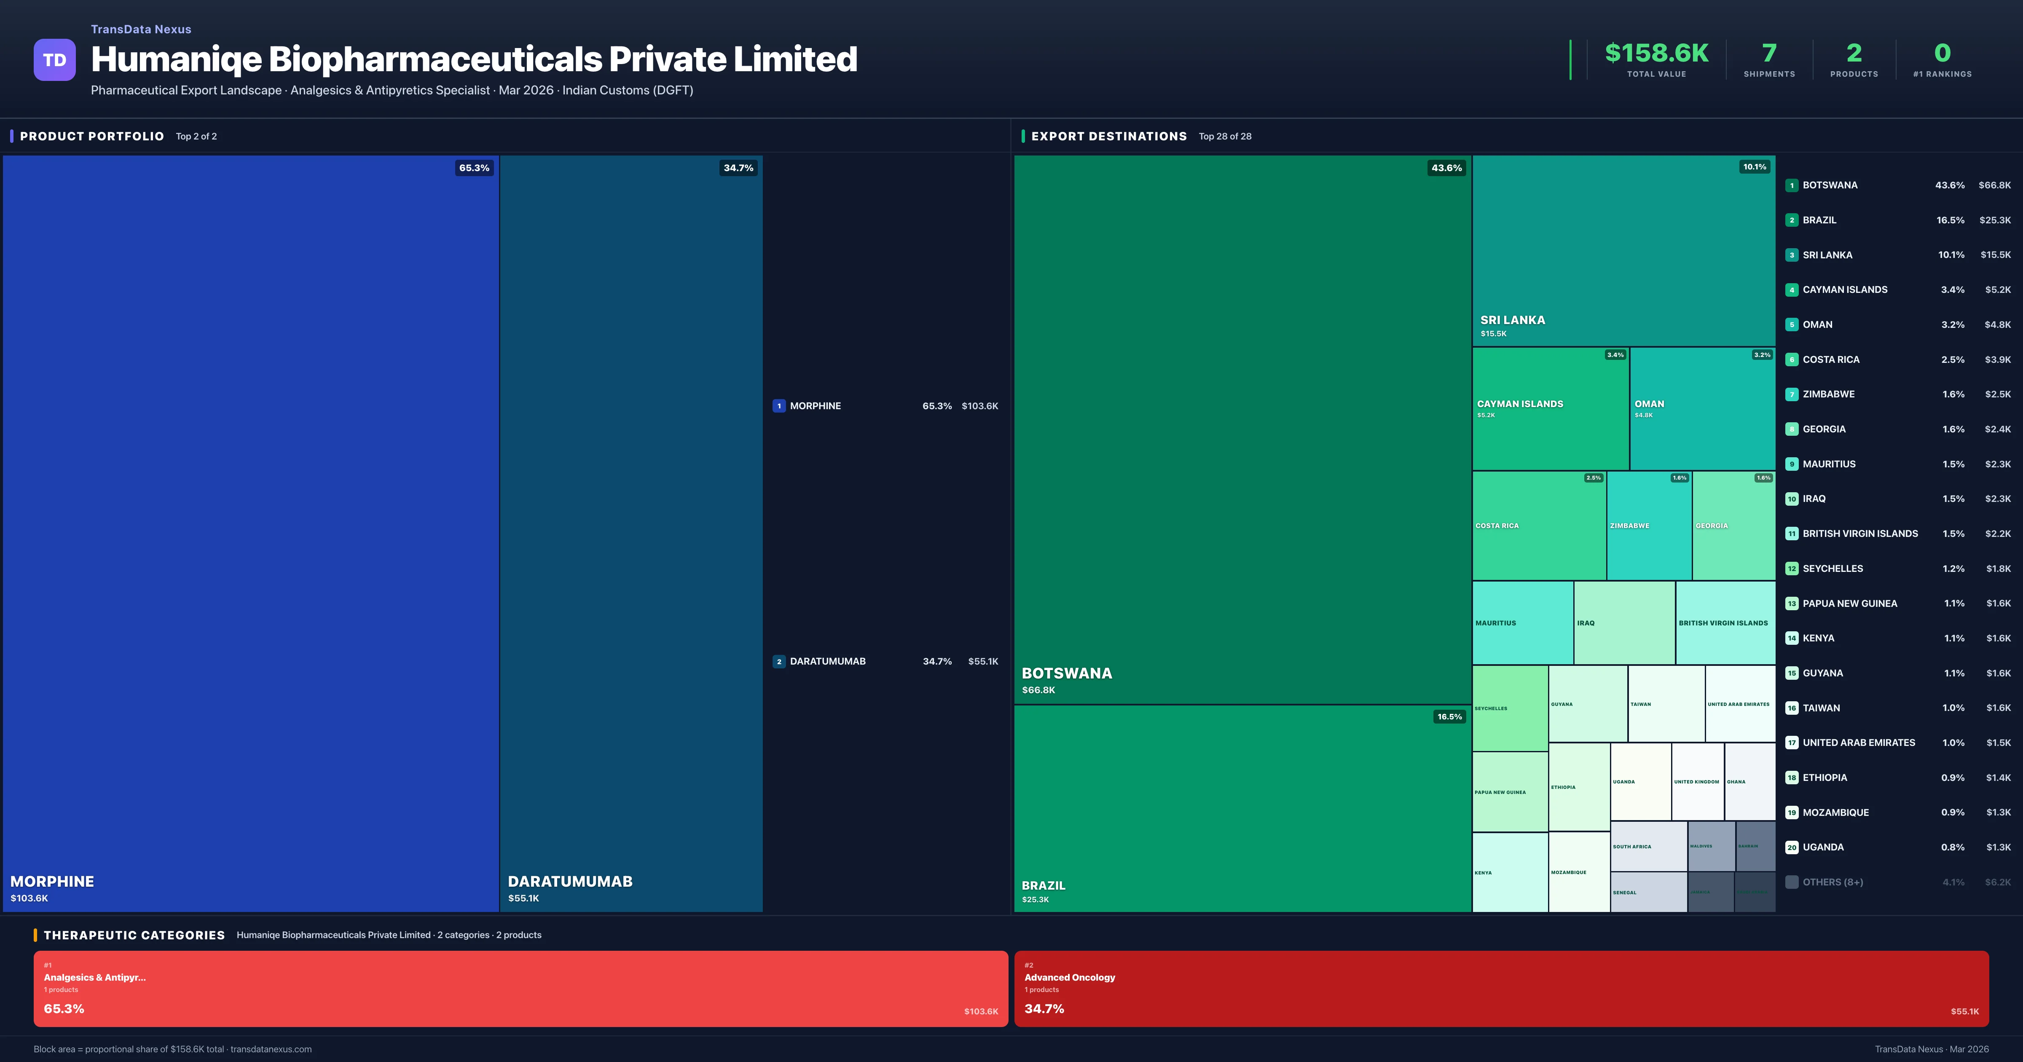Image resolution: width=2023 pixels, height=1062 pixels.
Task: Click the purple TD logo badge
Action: coord(54,60)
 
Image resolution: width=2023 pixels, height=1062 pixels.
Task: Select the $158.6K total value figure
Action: coord(1656,53)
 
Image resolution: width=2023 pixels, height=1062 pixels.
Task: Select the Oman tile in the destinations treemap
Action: coord(1702,408)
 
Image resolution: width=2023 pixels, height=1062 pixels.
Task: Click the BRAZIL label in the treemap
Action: coord(1043,885)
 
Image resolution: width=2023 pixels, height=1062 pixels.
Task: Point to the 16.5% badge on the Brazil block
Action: coord(1449,716)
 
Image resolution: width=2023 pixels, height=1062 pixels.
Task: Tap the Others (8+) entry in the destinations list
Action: coord(1832,882)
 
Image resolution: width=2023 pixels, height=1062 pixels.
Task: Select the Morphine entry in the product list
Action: coord(815,406)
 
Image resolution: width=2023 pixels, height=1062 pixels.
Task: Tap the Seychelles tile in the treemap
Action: coord(1509,708)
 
